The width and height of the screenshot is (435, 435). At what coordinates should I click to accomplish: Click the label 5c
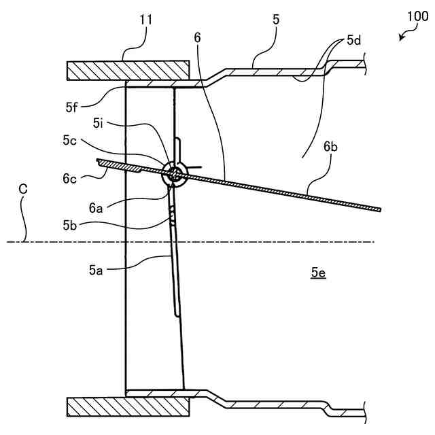84,141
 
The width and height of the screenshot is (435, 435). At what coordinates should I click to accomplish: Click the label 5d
353,40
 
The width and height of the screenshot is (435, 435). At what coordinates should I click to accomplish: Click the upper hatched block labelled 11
127,71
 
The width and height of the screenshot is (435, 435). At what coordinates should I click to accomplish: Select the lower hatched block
127,407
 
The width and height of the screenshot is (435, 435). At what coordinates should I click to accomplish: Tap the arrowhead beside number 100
401,39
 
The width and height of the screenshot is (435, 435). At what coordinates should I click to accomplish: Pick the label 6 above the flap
197,39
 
